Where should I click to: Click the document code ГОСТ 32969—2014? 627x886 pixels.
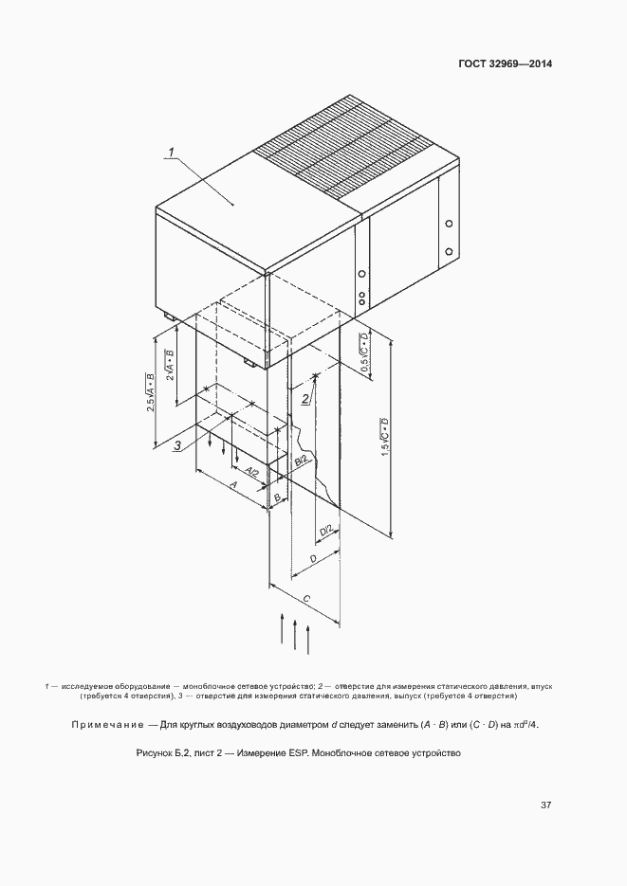click(506, 64)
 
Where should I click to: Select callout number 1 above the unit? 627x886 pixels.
click(173, 152)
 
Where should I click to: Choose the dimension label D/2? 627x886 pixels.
click(325, 533)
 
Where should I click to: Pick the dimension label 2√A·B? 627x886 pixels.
click(171, 366)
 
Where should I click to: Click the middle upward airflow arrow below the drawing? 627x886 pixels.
click(295, 635)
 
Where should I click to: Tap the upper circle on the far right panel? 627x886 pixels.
click(448, 226)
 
